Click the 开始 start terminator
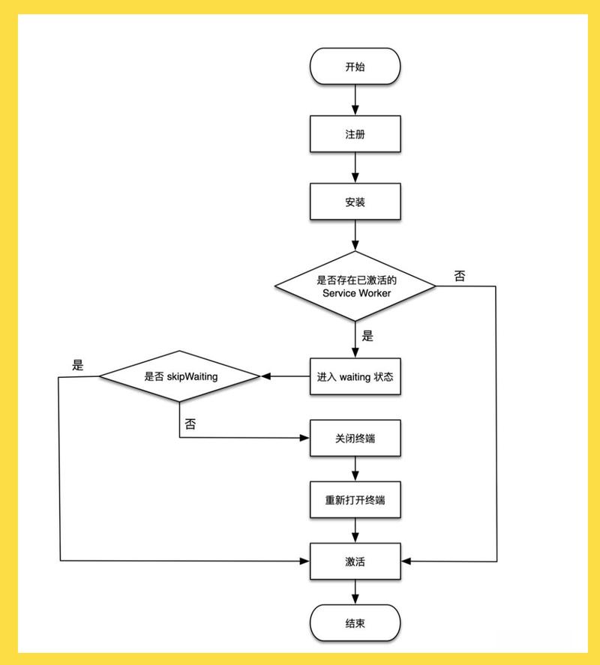pos(355,67)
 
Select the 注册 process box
pos(355,134)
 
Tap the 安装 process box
pos(355,202)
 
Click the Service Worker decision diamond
pos(355,286)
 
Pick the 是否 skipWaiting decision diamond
pos(180,376)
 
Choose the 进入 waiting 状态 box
pos(355,376)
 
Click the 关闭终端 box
pos(355,438)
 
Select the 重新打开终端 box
pos(355,499)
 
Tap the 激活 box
pos(355,561)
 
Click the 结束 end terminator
pos(355,623)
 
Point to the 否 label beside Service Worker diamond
pos(459,276)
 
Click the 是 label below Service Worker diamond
pos(367,336)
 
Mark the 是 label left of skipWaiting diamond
pos(78,366)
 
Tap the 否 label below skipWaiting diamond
pos(190,424)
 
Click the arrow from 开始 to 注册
pos(355,100)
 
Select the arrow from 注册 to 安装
pos(355,168)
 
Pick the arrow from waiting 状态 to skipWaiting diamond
pos(285,376)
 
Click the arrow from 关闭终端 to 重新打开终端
pos(355,469)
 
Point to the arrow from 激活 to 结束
pos(355,592)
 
